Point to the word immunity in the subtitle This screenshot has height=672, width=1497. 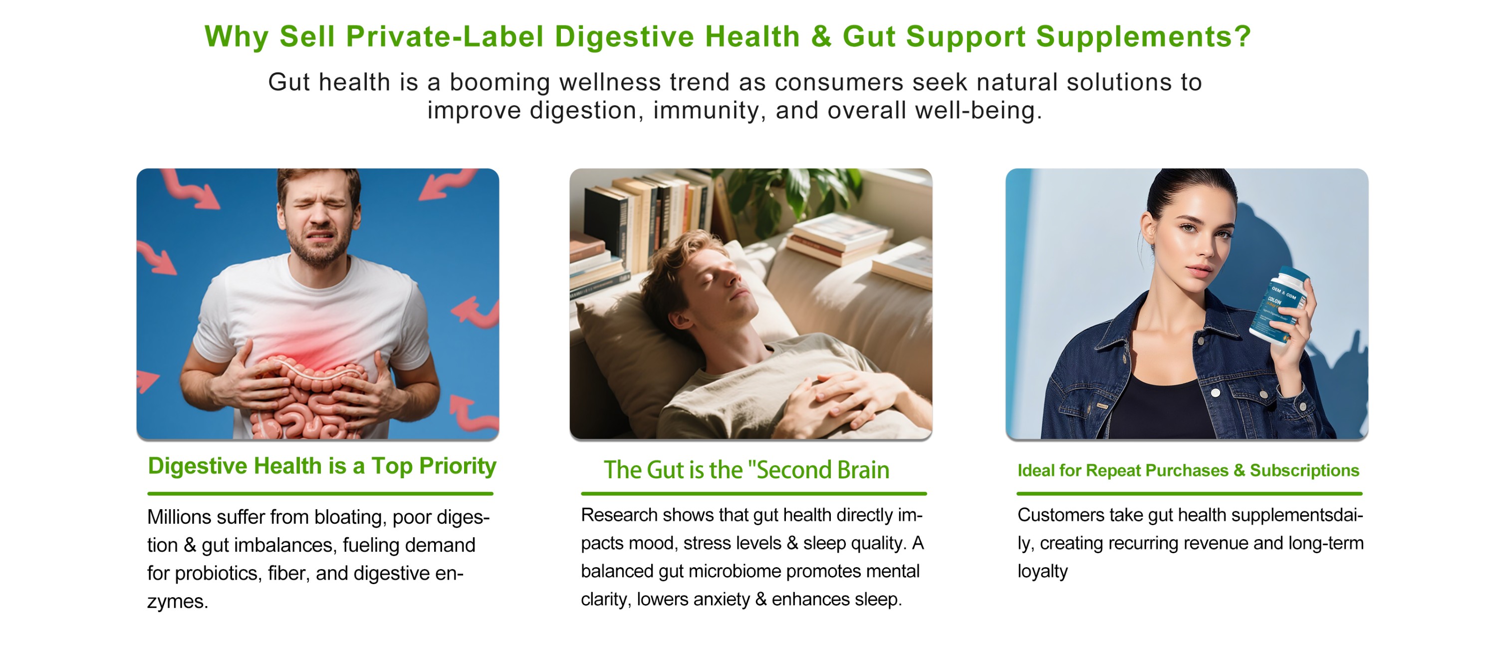click(706, 111)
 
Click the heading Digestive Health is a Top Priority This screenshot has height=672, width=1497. click(322, 466)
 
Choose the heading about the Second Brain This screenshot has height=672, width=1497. click(746, 470)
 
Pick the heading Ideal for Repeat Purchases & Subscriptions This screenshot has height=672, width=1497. click(1189, 470)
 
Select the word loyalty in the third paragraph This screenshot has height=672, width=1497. click(1042, 572)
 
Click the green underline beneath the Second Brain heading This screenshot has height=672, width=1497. click(753, 494)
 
